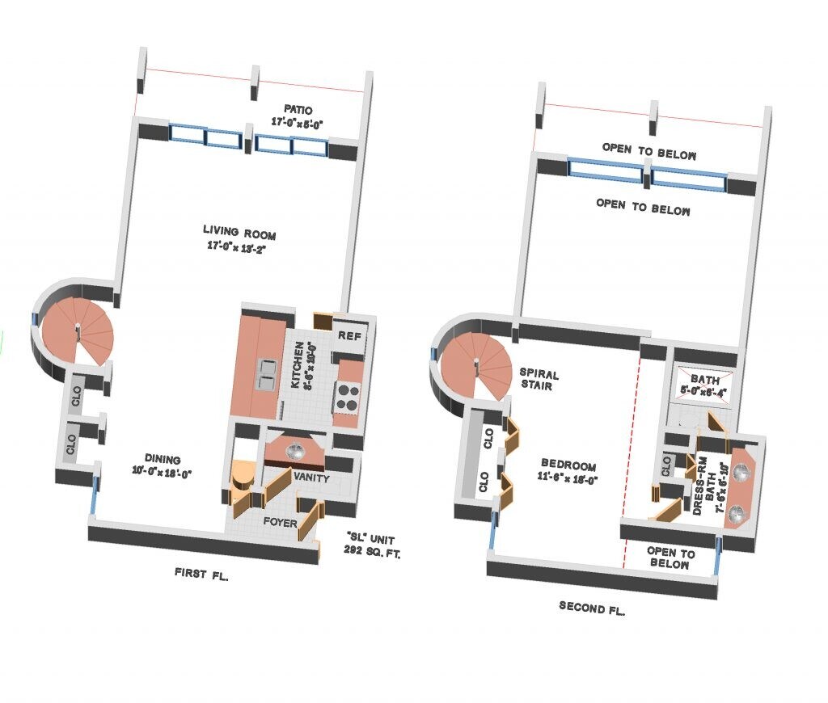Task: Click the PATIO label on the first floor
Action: point(298,109)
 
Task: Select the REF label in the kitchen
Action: point(349,335)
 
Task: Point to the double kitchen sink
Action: point(267,373)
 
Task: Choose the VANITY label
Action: point(310,477)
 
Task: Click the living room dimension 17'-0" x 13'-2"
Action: point(236,247)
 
